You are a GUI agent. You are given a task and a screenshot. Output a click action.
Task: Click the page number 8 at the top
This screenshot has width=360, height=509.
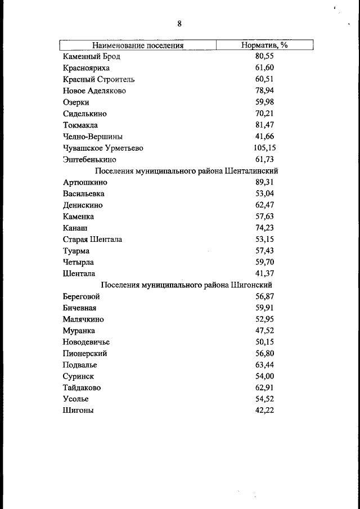(179, 24)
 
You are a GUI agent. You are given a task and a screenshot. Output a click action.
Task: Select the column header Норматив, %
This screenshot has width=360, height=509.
(264, 45)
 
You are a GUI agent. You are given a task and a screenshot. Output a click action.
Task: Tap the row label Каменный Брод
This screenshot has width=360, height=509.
(91, 56)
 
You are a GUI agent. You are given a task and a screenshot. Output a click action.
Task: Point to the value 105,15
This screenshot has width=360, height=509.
(264, 148)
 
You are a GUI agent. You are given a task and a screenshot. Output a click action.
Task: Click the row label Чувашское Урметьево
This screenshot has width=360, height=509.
(103, 148)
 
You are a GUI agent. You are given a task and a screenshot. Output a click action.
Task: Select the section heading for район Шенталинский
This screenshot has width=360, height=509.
(187, 171)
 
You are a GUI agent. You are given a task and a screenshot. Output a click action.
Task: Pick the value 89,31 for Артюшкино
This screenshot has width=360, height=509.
(264, 182)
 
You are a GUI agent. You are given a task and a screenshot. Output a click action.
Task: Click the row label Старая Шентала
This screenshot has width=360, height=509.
(92, 240)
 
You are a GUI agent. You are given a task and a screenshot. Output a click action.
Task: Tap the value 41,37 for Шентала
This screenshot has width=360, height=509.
(264, 274)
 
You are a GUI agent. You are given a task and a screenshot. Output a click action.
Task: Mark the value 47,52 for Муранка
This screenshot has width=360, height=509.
(264, 331)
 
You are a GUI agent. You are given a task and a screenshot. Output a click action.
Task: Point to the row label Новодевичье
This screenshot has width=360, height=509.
(86, 342)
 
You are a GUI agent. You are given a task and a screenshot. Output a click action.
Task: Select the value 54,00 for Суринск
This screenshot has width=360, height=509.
(264, 376)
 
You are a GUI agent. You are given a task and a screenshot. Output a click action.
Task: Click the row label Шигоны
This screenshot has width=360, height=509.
(78, 411)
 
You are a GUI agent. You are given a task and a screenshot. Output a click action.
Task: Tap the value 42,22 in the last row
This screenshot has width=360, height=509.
(264, 411)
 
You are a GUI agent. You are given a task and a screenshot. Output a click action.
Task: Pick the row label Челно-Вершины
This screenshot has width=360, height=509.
(93, 137)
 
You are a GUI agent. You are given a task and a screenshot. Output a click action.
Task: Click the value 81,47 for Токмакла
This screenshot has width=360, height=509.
(264, 125)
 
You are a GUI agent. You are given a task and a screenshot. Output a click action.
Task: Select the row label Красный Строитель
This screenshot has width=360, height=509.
(98, 79)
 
